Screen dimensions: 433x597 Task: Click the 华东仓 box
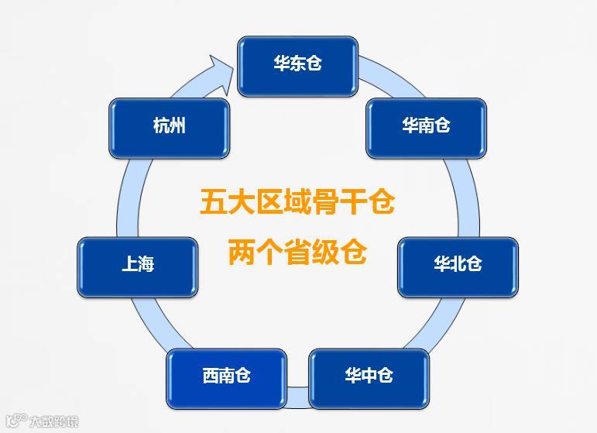click(297, 65)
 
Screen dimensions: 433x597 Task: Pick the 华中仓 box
click(369, 377)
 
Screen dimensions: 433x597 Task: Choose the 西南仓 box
click(226, 377)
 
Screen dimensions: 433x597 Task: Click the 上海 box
click(138, 266)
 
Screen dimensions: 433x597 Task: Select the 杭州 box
click(170, 126)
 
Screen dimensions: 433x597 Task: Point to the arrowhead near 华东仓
click(224, 69)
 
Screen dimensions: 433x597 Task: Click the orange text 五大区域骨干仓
click(297, 204)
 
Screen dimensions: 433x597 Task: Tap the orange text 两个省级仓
click(297, 253)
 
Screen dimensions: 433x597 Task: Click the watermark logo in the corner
click(15, 421)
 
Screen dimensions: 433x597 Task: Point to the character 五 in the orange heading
click(212, 204)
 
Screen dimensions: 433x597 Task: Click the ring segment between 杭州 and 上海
click(129, 197)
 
